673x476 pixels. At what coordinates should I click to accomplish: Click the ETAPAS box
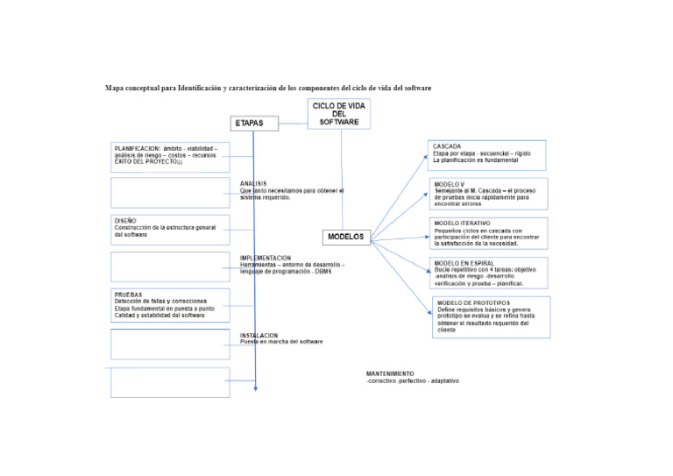pos(259,124)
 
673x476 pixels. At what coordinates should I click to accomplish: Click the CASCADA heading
pos(447,146)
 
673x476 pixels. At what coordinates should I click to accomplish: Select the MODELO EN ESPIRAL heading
pos(464,263)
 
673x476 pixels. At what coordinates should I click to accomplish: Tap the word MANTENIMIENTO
pos(390,373)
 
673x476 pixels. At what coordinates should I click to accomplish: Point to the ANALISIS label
pos(253,183)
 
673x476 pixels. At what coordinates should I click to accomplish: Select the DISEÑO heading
pos(125,220)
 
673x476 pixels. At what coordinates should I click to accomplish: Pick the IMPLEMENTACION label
pos(266,258)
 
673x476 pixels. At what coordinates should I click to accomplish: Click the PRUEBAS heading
pos(128,295)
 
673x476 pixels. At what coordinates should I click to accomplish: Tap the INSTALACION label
pos(259,335)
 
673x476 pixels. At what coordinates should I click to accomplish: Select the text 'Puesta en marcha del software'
pos(282,342)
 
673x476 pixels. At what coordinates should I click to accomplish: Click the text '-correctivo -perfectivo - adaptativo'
pos(412,381)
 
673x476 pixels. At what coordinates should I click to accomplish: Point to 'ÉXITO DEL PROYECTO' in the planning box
pos(145,162)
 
